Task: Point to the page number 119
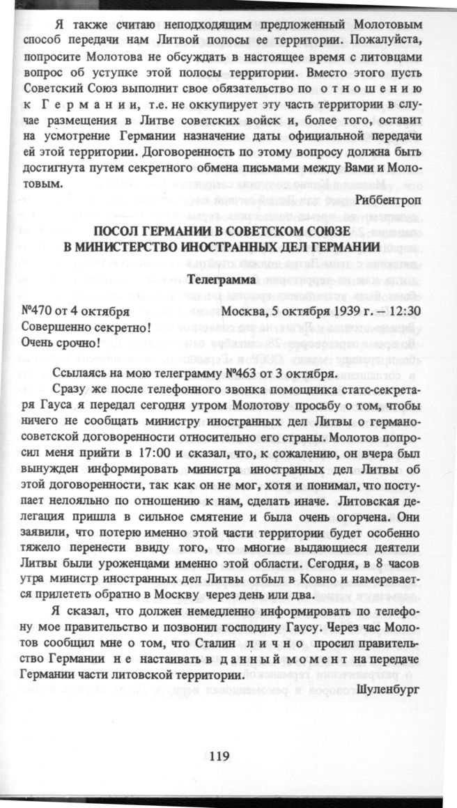pyautogui.click(x=219, y=756)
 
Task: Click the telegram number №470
pyautogui.click(x=39, y=311)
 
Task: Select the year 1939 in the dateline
pyautogui.click(x=346, y=311)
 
